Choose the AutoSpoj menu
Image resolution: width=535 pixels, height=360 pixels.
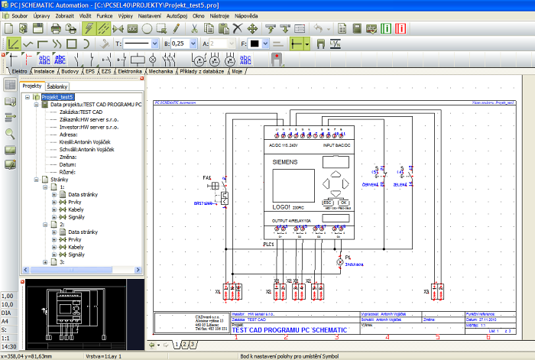click(177, 15)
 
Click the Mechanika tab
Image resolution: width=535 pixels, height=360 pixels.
click(160, 71)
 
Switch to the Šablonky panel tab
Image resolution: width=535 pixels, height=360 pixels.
click(58, 86)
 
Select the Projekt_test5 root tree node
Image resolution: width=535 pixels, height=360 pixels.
click(57, 97)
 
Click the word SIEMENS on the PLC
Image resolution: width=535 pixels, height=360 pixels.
click(284, 163)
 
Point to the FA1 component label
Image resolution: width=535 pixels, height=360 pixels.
click(206, 177)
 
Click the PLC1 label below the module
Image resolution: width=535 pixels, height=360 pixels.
click(268, 244)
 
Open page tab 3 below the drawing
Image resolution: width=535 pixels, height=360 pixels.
click(193, 345)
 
